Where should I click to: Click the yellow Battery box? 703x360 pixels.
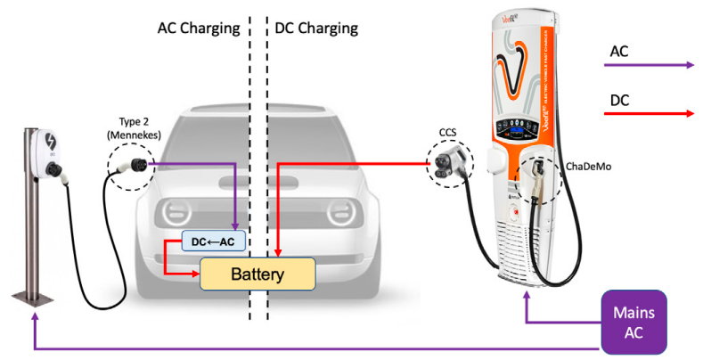257,274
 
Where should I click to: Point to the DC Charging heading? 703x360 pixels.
316,28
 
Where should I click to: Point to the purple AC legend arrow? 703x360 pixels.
650,65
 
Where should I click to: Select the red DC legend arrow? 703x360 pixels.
650,113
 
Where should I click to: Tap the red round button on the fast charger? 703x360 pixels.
512,212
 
